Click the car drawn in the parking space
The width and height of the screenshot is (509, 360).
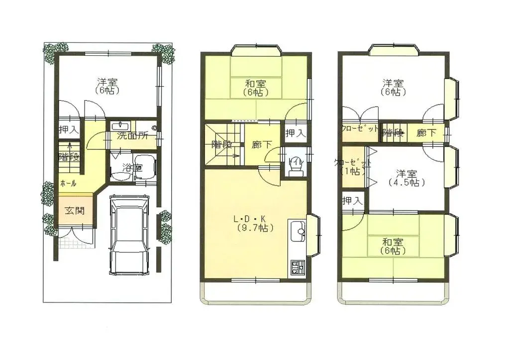(x=129, y=234)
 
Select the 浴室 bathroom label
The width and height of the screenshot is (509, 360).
(x=132, y=168)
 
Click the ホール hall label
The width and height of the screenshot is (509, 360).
(x=68, y=183)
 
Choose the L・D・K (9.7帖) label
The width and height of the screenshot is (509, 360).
(x=255, y=224)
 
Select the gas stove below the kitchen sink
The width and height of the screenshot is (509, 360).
(x=298, y=267)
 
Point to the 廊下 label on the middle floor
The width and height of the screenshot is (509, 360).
(x=262, y=145)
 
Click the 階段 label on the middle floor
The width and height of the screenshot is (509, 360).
(x=221, y=145)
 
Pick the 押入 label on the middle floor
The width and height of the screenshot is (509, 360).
(x=295, y=133)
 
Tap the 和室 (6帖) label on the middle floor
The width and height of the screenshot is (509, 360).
(x=256, y=88)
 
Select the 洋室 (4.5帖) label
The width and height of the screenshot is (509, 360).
(x=406, y=178)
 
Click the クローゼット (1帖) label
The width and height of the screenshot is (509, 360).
(x=353, y=167)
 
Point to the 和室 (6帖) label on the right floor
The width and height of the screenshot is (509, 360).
(x=393, y=246)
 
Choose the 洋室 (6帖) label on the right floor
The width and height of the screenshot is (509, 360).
(x=393, y=87)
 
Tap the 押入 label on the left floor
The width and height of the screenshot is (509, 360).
(x=69, y=130)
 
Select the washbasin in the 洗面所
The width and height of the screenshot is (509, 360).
(x=120, y=125)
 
